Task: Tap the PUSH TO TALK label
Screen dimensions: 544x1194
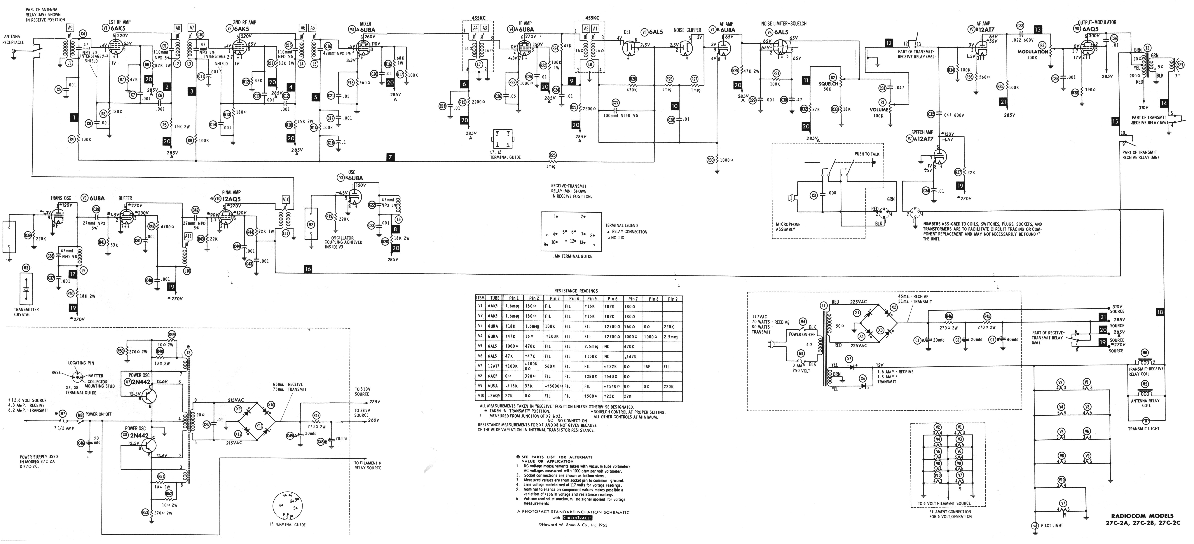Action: (867, 154)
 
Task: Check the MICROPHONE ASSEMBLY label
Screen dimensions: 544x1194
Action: (788, 227)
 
